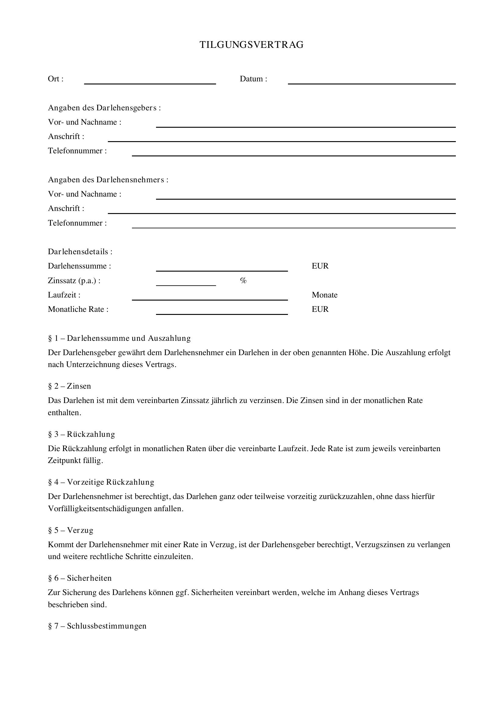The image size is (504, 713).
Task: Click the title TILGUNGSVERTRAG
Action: click(x=251, y=45)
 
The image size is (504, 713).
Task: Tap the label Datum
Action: click(x=253, y=79)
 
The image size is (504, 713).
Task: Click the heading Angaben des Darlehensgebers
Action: click(x=104, y=108)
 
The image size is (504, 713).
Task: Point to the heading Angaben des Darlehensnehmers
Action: click(x=108, y=180)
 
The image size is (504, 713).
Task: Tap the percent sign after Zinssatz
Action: click(x=243, y=281)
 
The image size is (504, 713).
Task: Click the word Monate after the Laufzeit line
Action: click(x=324, y=295)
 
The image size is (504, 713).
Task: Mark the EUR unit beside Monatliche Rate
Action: click(x=320, y=309)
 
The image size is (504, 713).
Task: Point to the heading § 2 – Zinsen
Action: click(x=69, y=386)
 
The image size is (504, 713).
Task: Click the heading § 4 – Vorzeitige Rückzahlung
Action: click(x=101, y=482)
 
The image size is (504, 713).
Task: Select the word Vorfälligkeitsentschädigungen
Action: click(x=100, y=509)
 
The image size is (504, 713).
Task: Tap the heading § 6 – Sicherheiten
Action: click(x=80, y=578)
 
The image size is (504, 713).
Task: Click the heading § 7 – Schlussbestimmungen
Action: click(x=97, y=626)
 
